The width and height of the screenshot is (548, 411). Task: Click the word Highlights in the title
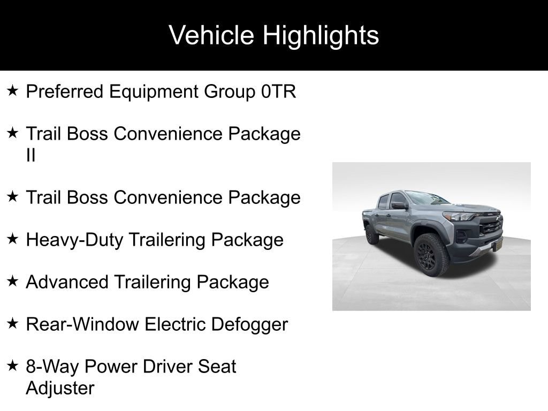point(321,35)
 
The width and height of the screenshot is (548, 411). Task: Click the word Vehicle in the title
point(211,35)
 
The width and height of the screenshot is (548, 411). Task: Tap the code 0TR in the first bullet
point(278,92)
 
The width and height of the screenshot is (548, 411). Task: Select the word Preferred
point(65,92)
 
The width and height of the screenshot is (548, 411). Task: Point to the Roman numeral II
point(31,155)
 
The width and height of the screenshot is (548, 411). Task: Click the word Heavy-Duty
point(74,240)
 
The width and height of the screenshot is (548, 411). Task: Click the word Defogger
point(249,325)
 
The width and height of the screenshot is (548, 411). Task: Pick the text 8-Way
point(52,367)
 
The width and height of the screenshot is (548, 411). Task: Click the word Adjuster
point(60,389)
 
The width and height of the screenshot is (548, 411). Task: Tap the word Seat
point(217,366)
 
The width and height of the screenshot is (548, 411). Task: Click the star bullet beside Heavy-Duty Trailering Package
point(13,239)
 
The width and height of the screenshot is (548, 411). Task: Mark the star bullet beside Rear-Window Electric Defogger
point(13,324)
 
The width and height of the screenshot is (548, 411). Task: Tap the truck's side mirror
point(399,205)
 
